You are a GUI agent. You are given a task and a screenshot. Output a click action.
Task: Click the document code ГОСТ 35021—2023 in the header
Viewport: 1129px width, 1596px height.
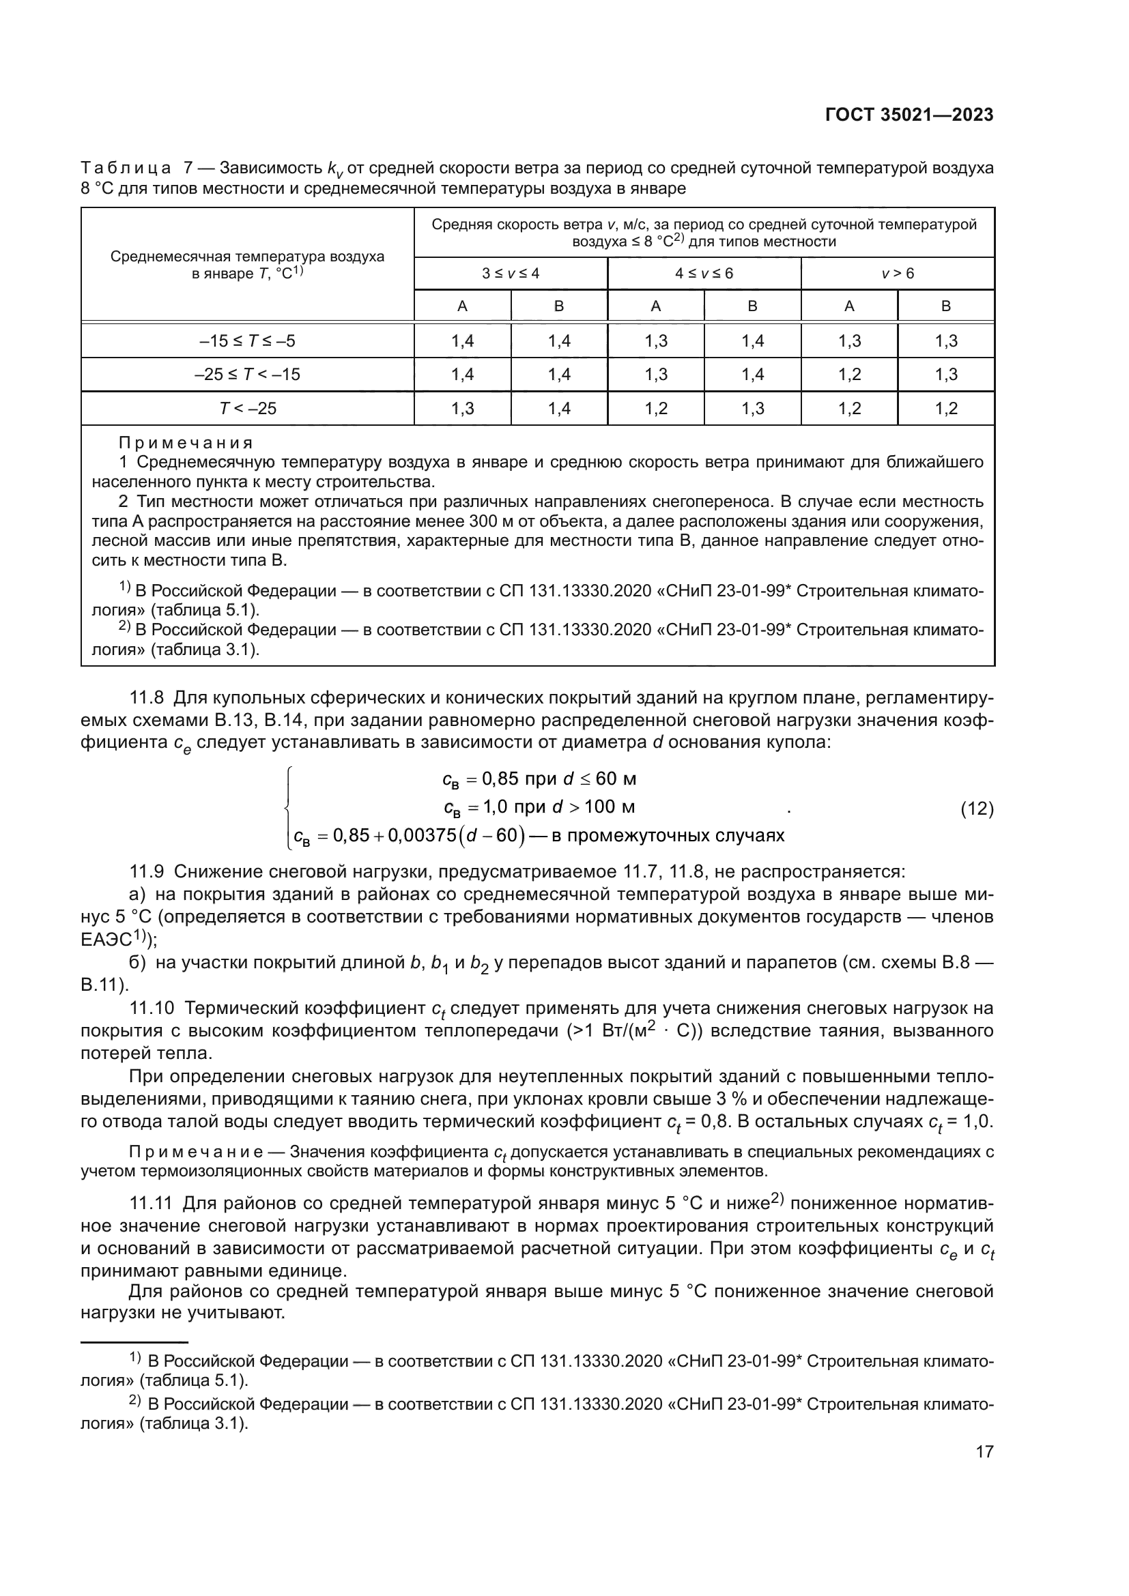(909, 115)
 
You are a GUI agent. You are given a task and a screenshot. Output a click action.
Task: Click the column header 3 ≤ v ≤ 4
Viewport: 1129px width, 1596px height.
(511, 273)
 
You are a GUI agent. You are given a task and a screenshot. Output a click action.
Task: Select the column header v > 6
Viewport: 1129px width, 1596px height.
(898, 273)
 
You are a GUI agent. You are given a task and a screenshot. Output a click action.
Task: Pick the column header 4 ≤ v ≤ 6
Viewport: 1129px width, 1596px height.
(704, 273)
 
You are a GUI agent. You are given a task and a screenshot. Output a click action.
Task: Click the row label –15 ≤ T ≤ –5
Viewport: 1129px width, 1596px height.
(247, 340)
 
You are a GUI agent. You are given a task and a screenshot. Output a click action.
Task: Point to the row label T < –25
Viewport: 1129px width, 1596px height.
(248, 408)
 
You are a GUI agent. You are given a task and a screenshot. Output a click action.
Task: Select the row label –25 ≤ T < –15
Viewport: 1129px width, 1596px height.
(247, 375)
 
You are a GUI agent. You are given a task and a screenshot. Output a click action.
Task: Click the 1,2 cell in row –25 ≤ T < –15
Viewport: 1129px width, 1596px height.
(849, 375)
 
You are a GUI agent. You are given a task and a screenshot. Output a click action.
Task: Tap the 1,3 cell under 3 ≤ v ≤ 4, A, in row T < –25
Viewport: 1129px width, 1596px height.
(462, 408)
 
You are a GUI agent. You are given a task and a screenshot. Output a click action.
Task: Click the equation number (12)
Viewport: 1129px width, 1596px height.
(976, 809)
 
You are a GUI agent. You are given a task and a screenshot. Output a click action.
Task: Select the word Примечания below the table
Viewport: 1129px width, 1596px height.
(186, 443)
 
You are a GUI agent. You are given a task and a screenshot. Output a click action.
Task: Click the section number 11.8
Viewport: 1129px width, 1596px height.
(147, 697)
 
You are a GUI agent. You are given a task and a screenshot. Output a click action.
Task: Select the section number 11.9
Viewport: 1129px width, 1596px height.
(147, 871)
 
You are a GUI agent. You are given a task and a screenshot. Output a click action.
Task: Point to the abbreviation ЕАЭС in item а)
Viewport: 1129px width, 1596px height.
(106, 940)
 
